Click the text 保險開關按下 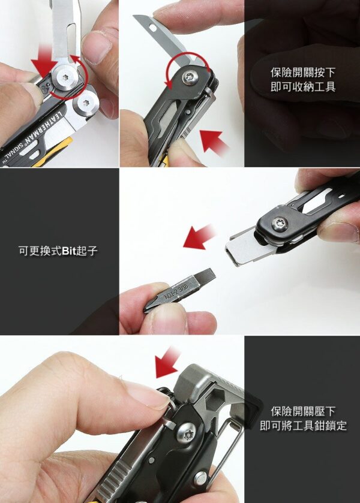click(303, 73)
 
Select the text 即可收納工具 click(303, 86)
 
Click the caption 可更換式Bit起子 click(58, 251)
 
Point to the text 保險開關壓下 click(303, 411)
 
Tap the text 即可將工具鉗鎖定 click(303, 426)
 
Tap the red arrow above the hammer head click(166, 362)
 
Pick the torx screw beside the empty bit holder click(280, 224)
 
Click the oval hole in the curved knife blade click(153, 29)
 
